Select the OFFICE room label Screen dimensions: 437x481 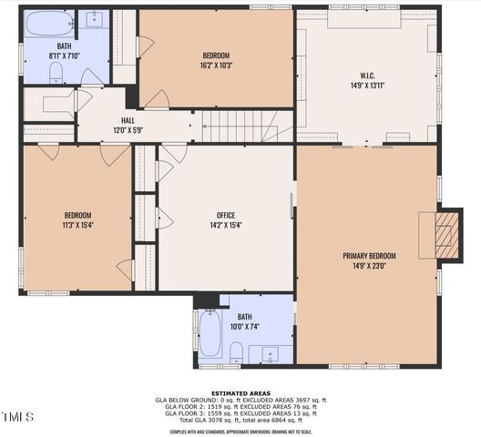click(x=226, y=216)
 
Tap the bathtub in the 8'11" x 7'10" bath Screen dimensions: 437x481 click(x=50, y=23)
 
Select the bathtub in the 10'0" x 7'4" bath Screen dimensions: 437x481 click(x=210, y=334)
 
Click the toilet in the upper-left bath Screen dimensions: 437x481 click(x=56, y=73)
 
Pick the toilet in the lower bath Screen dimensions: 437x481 click(x=236, y=351)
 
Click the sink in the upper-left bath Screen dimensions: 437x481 click(x=95, y=19)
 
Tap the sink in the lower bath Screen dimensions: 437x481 click(x=270, y=353)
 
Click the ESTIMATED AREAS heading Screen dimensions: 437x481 click(x=240, y=393)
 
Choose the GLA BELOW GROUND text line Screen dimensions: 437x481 click(x=240, y=400)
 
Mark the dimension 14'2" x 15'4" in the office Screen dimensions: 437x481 click(x=226, y=225)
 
